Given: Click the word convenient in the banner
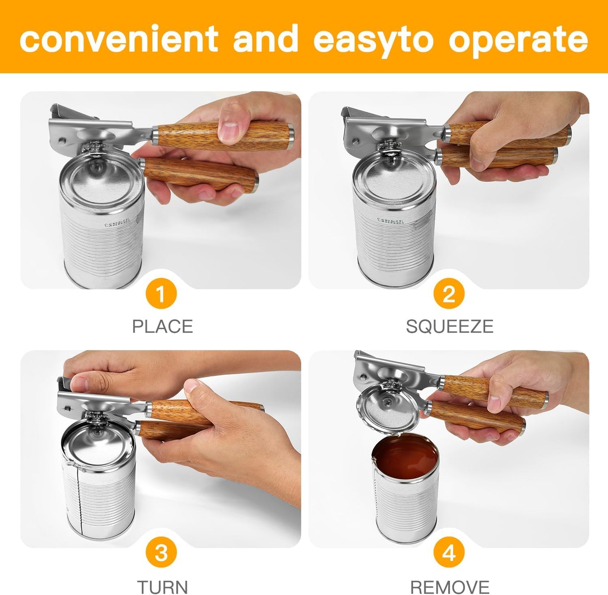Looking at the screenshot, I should click(x=119, y=39).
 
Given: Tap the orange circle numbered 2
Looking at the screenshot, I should click(x=449, y=294).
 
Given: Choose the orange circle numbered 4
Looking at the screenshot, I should click(x=449, y=553).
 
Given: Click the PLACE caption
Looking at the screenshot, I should click(x=162, y=326).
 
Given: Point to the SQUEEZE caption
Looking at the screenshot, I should click(x=449, y=326).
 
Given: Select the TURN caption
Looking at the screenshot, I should click(x=162, y=586).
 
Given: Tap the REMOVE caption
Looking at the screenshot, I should click(x=449, y=586).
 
